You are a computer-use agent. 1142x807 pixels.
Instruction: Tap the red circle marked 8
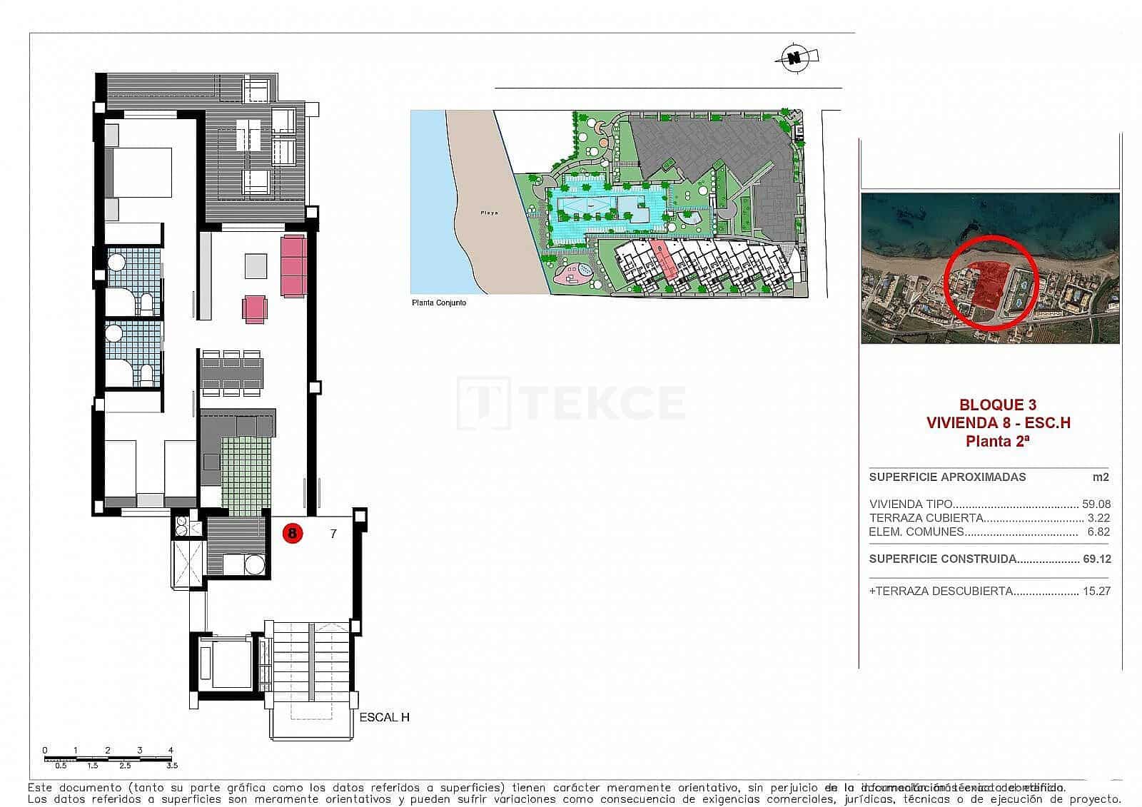[x=292, y=532]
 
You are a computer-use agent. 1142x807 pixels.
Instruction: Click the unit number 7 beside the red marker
[x=333, y=534]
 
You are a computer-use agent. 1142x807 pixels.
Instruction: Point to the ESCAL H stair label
[x=385, y=717]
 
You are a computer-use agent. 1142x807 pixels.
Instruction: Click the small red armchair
[x=254, y=310]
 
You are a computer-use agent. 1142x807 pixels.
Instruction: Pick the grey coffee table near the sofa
[x=256, y=265]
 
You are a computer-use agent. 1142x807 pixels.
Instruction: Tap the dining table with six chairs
[x=231, y=372]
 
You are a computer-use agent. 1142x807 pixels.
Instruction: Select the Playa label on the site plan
[x=489, y=213]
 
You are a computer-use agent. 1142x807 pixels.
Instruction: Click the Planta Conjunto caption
[x=439, y=303]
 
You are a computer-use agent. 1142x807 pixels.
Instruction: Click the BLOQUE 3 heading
[x=997, y=405]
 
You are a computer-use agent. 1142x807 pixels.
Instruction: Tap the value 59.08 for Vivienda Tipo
[x=1096, y=504]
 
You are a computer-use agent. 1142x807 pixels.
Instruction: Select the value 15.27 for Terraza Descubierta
[x=1096, y=591]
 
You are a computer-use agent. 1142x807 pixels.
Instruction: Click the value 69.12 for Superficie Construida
[x=1096, y=559]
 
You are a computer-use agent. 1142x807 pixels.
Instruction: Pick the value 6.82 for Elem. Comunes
[x=1099, y=532]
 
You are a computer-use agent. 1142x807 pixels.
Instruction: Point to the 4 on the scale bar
[x=171, y=750]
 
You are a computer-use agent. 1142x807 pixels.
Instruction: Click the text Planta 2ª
[x=997, y=441]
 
